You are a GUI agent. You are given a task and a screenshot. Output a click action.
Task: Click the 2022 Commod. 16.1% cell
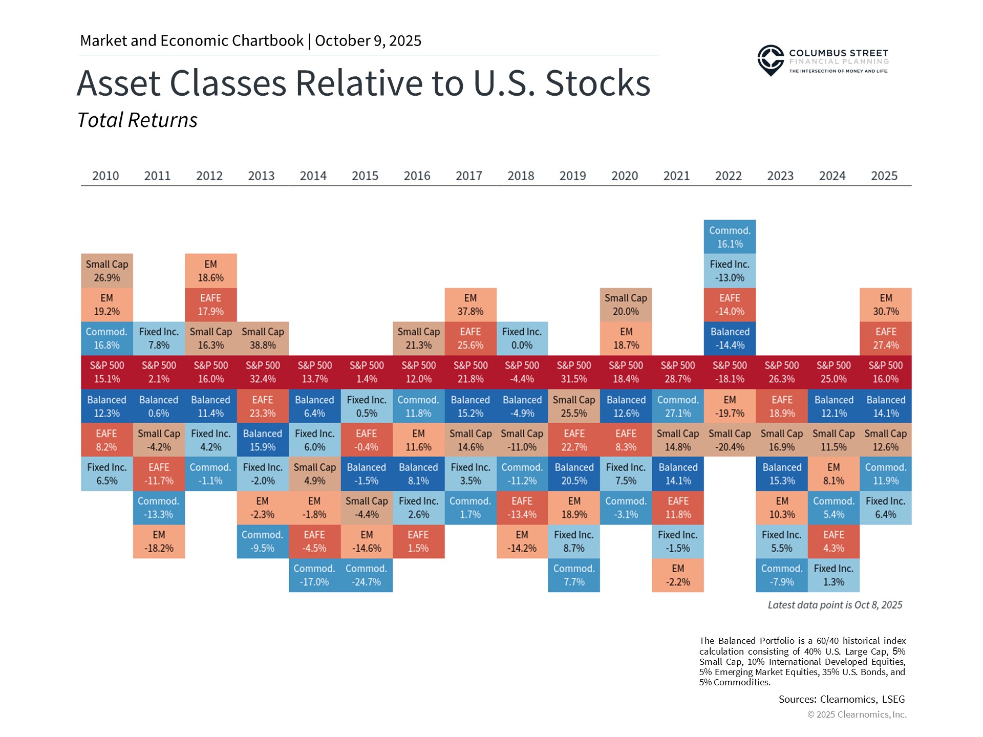[730, 237]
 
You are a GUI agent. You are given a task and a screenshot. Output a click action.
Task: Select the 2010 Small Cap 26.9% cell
[106, 271]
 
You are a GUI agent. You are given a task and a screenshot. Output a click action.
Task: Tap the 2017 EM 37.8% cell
[470, 305]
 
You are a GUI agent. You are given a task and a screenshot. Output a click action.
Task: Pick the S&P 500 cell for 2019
[573, 372]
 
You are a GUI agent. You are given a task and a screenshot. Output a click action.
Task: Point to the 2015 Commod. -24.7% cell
[367, 575]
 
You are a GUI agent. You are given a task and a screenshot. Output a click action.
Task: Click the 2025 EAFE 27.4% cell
[885, 338]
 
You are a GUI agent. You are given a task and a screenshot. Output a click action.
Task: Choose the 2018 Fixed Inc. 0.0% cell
[522, 338]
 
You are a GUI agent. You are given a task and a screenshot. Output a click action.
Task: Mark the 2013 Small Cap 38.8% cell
[263, 338]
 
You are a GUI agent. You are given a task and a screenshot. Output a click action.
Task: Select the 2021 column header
[676, 176]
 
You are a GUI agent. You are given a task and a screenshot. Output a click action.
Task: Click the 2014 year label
[313, 176]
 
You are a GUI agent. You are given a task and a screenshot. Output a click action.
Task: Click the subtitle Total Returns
[137, 120]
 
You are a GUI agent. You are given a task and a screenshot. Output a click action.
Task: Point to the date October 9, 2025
[368, 41]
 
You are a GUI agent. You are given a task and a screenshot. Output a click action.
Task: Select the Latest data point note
[835, 605]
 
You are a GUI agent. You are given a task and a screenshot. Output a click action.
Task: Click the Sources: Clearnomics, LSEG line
[841, 699]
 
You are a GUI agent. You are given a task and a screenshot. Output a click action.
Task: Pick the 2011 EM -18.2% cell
[159, 541]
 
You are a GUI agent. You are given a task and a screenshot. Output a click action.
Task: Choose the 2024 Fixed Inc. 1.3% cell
[833, 575]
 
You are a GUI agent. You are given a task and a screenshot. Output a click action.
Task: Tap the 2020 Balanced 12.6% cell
[626, 406]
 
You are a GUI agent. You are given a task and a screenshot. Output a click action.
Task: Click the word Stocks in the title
[597, 83]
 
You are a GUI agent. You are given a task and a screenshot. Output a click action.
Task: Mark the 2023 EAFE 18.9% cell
[781, 406]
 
